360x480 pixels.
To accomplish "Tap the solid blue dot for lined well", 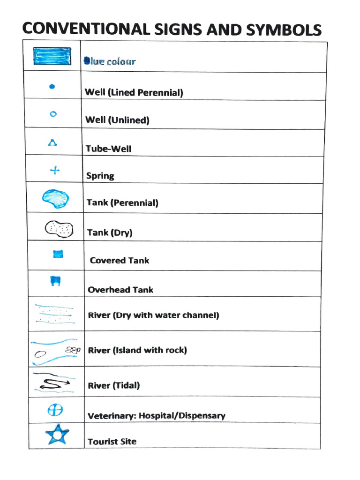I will (52, 86).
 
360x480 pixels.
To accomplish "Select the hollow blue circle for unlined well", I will (53, 113).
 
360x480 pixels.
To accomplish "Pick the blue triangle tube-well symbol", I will (52, 142).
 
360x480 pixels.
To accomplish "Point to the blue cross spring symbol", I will (55, 170).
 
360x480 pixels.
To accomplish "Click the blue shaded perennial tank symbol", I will (56, 198).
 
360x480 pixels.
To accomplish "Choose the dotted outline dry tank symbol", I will (59, 228).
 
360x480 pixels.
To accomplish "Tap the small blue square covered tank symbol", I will (58, 255).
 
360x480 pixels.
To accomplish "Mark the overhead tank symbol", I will (56, 281).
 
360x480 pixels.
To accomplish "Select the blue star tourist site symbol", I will (57, 435).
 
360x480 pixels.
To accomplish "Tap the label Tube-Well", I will (108, 149).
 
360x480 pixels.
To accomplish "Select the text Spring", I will (100, 176).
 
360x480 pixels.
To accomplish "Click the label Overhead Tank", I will (120, 290).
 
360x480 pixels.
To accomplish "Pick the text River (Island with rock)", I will (137, 350).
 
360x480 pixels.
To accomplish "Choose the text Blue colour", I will (109, 61).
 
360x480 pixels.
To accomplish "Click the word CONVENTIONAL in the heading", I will (84, 29).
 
